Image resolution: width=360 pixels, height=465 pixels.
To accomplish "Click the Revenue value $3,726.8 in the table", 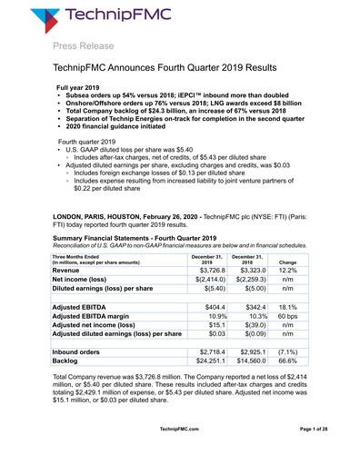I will click(x=205, y=245).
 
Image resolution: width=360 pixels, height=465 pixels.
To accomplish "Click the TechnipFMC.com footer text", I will click(x=180, y=452).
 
